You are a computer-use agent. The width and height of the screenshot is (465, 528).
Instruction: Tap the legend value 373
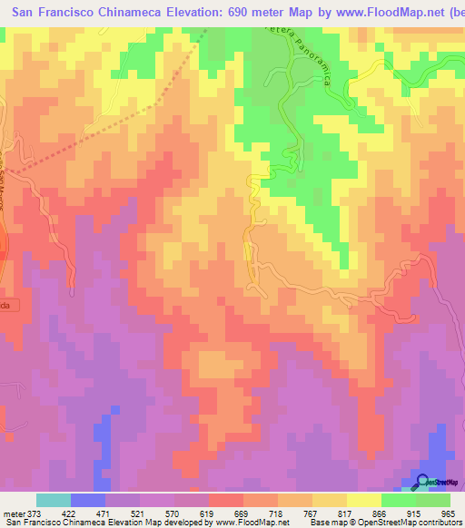click(35, 513)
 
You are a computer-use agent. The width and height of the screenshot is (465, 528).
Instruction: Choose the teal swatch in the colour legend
click(54, 500)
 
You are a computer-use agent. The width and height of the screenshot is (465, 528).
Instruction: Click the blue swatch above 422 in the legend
click(88, 500)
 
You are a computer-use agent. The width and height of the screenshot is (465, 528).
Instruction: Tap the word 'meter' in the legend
click(12, 513)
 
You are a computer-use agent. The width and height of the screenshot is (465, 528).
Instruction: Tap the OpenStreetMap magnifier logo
click(422, 482)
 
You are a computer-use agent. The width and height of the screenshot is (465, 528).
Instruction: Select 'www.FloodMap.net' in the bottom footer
click(251, 523)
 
